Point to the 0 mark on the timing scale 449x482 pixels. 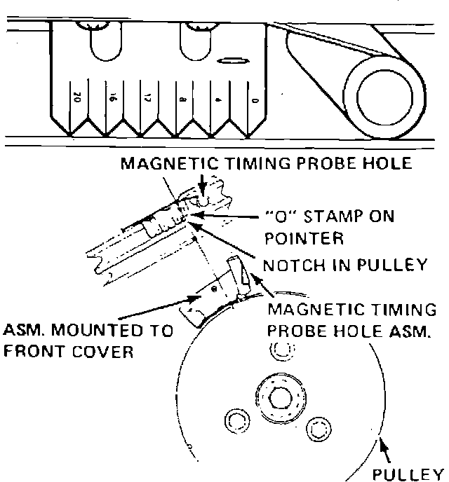[x=254, y=100]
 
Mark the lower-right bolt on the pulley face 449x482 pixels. [x=319, y=426]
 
